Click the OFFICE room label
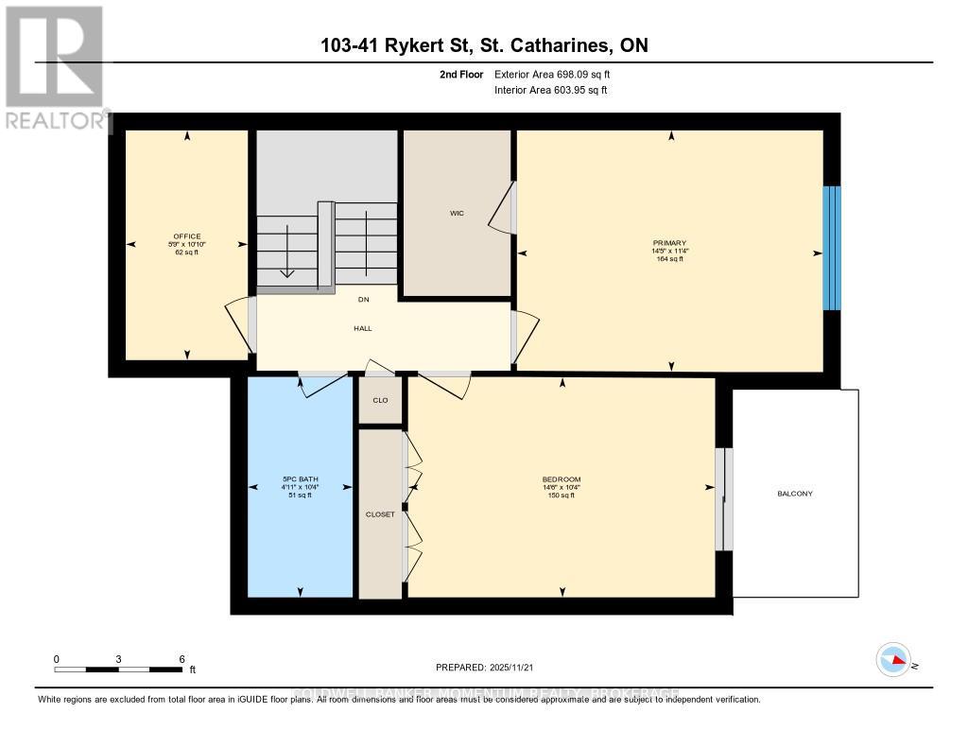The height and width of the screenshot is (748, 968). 186,236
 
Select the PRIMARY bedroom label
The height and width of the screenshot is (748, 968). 675,243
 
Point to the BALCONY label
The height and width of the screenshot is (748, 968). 795,494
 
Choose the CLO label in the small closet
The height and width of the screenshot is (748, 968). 380,400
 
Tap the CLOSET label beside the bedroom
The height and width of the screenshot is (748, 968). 380,513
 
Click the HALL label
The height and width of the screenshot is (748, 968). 363,328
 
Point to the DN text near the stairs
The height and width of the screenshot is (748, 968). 363,300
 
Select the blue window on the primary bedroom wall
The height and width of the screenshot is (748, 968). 831,248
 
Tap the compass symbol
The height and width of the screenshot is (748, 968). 892,658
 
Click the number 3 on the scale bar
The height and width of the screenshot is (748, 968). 118,658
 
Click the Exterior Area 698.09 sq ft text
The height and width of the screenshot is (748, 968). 559,74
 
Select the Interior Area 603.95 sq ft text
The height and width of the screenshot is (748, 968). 551,91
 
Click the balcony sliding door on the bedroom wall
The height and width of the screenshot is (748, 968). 723,498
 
